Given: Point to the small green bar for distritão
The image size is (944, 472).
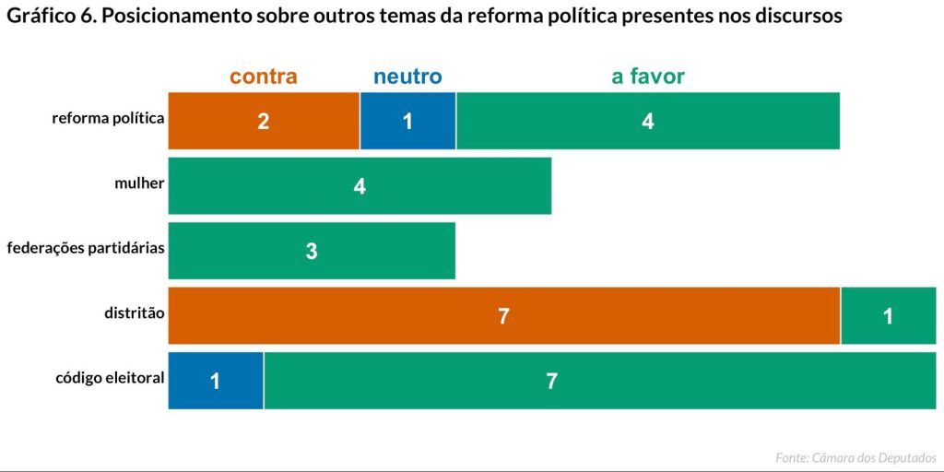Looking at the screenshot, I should coord(888,315).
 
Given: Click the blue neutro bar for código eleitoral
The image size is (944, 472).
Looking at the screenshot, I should coord(215,380).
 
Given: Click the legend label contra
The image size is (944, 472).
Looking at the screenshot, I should coord(264,77).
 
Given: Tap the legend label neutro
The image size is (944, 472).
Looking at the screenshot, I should coord(407,77).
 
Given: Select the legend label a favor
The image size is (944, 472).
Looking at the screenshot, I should coord(648,77).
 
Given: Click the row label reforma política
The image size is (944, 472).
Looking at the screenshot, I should coord(108,118).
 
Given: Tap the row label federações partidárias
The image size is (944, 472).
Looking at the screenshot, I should coord(85,248).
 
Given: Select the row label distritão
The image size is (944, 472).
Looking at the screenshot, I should coord(134,313).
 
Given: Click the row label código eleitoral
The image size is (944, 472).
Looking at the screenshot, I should coord(110,377).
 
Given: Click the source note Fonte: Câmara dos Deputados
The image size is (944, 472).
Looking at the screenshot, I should coord(855,457).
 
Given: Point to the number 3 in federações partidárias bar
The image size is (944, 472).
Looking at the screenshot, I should coord(312,251).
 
